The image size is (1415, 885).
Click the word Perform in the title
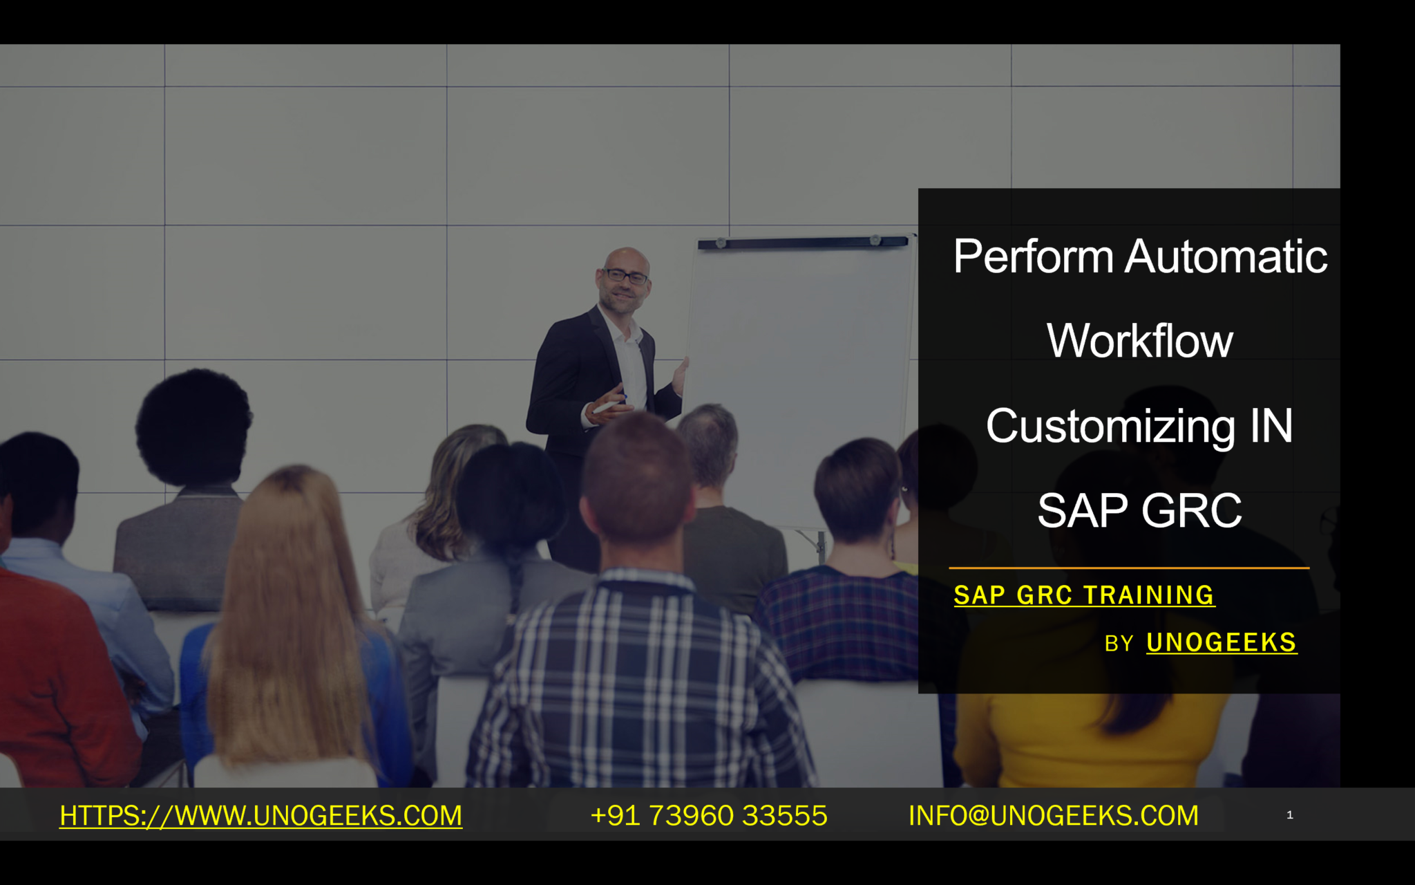[1034, 257]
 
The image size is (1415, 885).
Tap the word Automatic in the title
[1226, 257]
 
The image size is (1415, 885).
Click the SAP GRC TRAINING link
[1084, 595]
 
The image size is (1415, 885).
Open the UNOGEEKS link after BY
[1222, 643]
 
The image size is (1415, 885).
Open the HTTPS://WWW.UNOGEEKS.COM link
[261, 816]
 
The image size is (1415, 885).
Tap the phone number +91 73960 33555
[709, 816]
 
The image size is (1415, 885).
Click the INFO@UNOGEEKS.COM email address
[1054, 816]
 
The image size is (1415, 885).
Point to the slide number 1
[1290, 815]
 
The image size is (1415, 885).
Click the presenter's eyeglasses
[626, 277]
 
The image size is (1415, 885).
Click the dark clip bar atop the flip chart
[803, 242]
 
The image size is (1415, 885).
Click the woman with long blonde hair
[290, 622]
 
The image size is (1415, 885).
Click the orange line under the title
[1129, 568]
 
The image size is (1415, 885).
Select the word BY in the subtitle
[1119, 644]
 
